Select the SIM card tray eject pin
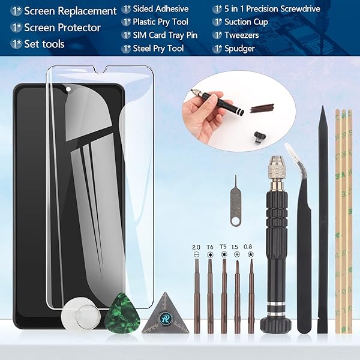point(235,200)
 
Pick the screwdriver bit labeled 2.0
point(197,296)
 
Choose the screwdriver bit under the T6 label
point(210,296)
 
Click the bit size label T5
point(223,247)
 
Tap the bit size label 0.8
point(248,247)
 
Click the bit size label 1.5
point(235,247)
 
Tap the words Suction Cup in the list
point(246,22)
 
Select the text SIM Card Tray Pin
point(165,35)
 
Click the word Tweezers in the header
point(242,35)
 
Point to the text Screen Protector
point(62,28)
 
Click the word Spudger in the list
point(239,49)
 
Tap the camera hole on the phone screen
point(68,89)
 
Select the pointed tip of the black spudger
point(323,107)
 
